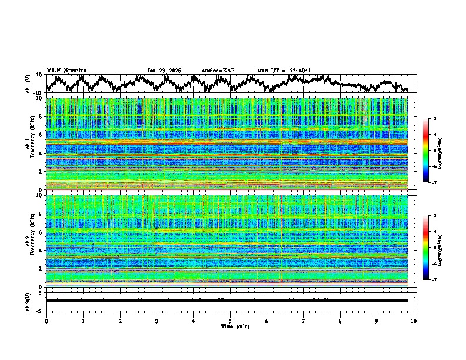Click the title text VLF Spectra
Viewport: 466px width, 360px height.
click(x=66, y=70)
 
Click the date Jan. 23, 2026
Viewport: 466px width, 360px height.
click(x=164, y=71)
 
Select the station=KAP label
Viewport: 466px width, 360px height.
click(x=218, y=71)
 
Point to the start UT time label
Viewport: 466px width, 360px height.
click(x=284, y=71)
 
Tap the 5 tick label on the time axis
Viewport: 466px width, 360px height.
click(x=230, y=321)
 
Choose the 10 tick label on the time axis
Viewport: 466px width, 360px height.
click(x=414, y=321)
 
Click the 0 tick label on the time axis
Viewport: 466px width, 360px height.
click(x=46, y=321)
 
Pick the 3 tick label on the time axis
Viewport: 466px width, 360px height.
click(x=157, y=321)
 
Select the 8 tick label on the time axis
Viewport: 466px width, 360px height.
click(x=340, y=321)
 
